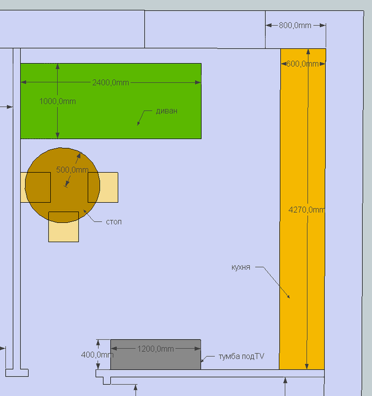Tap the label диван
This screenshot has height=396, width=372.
pyautogui.click(x=166, y=111)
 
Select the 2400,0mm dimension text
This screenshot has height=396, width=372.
pyautogui.click(x=110, y=82)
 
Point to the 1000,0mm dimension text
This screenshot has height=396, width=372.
pyautogui.click(x=57, y=101)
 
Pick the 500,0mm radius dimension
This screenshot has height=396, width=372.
pyautogui.click(x=72, y=169)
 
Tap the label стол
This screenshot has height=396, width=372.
pyautogui.click(x=113, y=221)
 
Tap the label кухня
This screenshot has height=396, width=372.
pyautogui.click(x=241, y=267)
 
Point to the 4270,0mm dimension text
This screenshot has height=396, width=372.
pyautogui.click(x=306, y=209)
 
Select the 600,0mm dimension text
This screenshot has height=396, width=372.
pyautogui.click(x=302, y=64)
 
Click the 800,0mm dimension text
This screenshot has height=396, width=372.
pyautogui.click(x=295, y=25)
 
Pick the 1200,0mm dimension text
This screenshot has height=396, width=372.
pyautogui.click(x=155, y=348)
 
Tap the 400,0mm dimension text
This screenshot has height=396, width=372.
pyautogui.click(x=97, y=355)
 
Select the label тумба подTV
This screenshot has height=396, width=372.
pyautogui.click(x=241, y=356)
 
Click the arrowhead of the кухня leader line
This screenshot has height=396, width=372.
pyautogui.click(x=289, y=297)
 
